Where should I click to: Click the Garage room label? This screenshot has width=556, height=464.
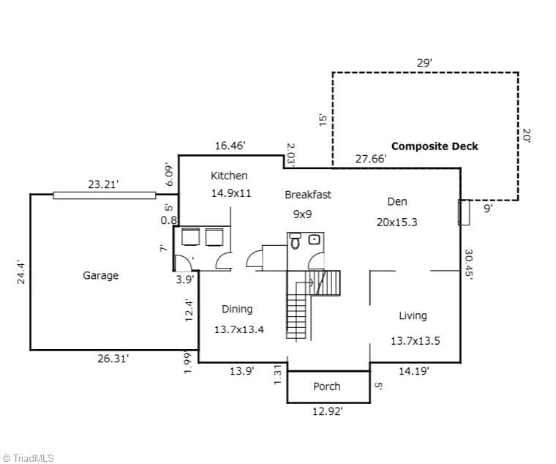pos(101,276)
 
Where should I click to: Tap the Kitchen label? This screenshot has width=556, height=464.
pos(229,176)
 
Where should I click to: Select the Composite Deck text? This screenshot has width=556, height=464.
pos(435,146)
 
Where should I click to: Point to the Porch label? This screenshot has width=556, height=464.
pos(326,386)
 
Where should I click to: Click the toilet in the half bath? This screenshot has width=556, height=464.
pos(296,241)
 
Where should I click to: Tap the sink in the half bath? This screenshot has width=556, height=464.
pos(315,239)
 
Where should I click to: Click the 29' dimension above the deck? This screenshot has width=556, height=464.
pos(424,63)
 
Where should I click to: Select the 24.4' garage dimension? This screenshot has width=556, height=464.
pos(21,273)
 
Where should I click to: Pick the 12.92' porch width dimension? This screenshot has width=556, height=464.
pos(327,411)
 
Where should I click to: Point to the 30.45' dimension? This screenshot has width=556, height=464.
pos(469,265)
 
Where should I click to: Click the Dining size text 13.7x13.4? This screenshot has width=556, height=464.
pos(239,330)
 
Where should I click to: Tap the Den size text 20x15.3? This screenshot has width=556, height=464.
pos(397,222)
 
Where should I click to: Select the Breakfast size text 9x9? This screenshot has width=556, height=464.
pos(302,214)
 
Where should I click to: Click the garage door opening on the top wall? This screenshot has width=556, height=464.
pos(104,195)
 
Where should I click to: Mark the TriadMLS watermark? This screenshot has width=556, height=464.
pos(28,458)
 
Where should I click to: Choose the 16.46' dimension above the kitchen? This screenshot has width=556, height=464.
pos(230,146)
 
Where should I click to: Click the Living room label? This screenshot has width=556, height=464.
pos(413,315)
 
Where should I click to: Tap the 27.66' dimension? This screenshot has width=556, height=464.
pos(371,159)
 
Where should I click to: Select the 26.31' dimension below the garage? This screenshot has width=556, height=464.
pos(113,359)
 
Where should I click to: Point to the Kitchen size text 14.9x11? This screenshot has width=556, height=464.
pos(231,193)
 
